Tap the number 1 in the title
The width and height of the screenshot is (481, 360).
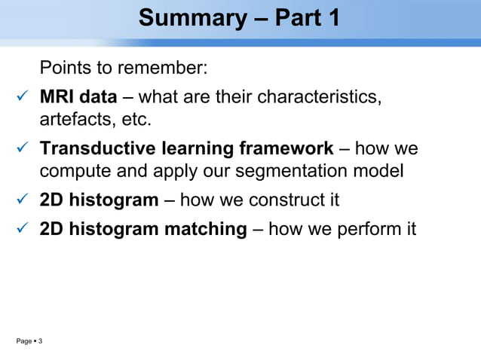coord(332,18)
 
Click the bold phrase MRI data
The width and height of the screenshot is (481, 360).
coord(78,97)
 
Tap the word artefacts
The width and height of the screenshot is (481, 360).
coord(75,120)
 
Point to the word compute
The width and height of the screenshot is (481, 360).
coord(73,172)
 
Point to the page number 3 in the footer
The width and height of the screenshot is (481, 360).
coord(40,343)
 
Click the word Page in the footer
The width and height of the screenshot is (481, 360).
coord(24,343)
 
